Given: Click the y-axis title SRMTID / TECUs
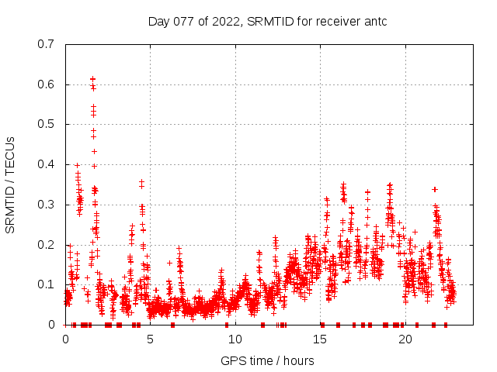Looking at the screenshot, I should pos(11,184).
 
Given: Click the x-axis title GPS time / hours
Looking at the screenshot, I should pos(267,360).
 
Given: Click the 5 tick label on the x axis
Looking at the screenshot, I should pos(151,339).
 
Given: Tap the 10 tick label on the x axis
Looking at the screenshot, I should pos(235,339).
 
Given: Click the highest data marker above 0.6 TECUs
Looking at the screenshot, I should pos(93,79).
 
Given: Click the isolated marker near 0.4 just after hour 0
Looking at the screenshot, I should pos(77,165).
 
